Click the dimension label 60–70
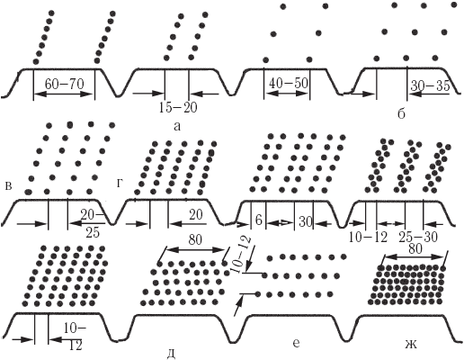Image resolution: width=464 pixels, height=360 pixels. (x=64, y=84)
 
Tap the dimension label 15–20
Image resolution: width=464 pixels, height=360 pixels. (x=178, y=108)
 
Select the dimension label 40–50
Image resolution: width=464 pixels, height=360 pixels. (x=289, y=83)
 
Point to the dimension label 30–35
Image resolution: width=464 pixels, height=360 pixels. (x=431, y=86)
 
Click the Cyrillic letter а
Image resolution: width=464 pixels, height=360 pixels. (x=177, y=126)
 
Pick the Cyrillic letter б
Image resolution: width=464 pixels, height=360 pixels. (x=401, y=113)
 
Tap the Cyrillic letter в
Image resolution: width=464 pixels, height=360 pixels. (x=9, y=186)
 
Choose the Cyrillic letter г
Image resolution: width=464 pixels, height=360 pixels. (x=120, y=184)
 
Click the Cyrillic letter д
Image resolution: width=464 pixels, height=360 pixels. (x=170, y=355)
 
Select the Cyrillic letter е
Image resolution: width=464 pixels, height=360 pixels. (x=296, y=344)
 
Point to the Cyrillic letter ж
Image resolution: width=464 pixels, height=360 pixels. (x=411, y=345)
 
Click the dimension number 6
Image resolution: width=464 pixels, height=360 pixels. (x=258, y=220)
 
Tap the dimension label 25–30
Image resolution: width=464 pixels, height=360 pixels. (x=418, y=238)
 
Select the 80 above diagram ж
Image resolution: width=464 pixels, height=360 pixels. (x=415, y=249)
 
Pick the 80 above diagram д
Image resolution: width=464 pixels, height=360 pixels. (x=195, y=240)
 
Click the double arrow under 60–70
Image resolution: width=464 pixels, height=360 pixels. (x=64, y=94)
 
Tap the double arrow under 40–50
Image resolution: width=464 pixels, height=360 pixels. (x=287, y=94)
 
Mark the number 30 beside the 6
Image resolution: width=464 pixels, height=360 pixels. (x=305, y=222)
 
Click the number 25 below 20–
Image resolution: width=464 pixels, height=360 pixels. (x=93, y=232)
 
